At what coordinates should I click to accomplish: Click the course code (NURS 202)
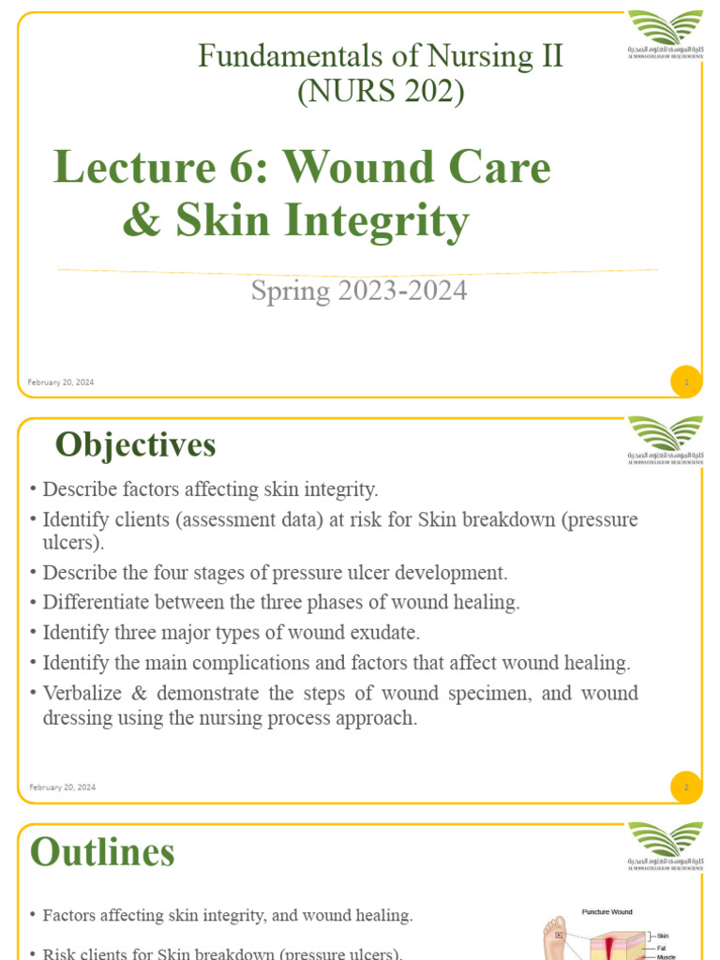(380, 92)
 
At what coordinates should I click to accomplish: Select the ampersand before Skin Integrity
(141, 221)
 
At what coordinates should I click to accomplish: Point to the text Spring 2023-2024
(358, 291)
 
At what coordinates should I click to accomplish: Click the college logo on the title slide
(665, 33)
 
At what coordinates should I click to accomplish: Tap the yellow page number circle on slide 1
(686, 382)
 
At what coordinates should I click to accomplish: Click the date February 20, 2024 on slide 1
(62, 382)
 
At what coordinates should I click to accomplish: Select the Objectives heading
(135, 444)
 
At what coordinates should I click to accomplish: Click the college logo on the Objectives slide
(665, 438)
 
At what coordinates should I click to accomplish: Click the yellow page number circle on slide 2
(686, 787)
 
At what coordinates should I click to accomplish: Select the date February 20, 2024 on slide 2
(62, 787)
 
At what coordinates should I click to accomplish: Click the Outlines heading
(102, 852)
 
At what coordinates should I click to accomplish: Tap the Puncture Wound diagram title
(607, 911)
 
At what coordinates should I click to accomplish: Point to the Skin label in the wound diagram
(662, 936)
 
